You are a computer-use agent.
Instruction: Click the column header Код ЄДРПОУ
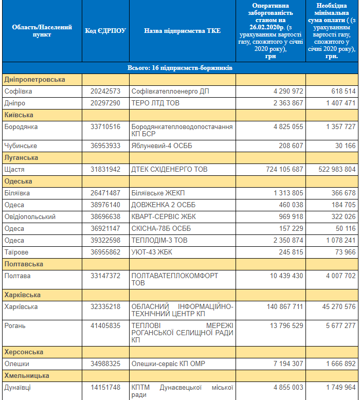pos(105,31)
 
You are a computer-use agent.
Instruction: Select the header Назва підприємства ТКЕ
pos(182,31)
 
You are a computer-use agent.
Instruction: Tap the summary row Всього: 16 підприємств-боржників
pos(180,68)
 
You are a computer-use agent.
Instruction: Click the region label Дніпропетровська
pos(34,80)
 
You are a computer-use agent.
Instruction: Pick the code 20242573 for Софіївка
pos(105,92)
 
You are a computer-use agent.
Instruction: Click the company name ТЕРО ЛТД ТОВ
pos(155,103)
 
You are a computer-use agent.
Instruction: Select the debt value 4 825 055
pos(289,127)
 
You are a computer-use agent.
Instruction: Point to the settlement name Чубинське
pos(21,146)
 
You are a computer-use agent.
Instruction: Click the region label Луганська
pos(21,158)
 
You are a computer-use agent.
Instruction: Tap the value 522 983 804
pos(337,169)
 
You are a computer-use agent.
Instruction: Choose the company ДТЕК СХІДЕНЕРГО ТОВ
pos(169,169)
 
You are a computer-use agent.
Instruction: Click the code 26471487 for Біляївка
pos(105,193)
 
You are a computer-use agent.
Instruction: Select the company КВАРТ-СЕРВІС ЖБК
pos(164,217)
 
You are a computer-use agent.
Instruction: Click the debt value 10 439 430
pos(286,276)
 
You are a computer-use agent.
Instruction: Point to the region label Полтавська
pos(24,264)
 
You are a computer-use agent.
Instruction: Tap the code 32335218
pos(105,306)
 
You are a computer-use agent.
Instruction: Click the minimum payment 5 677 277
pos(340,326)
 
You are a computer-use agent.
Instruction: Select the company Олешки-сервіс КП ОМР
pos(168,364)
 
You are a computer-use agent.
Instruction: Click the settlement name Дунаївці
pos(17,388)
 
